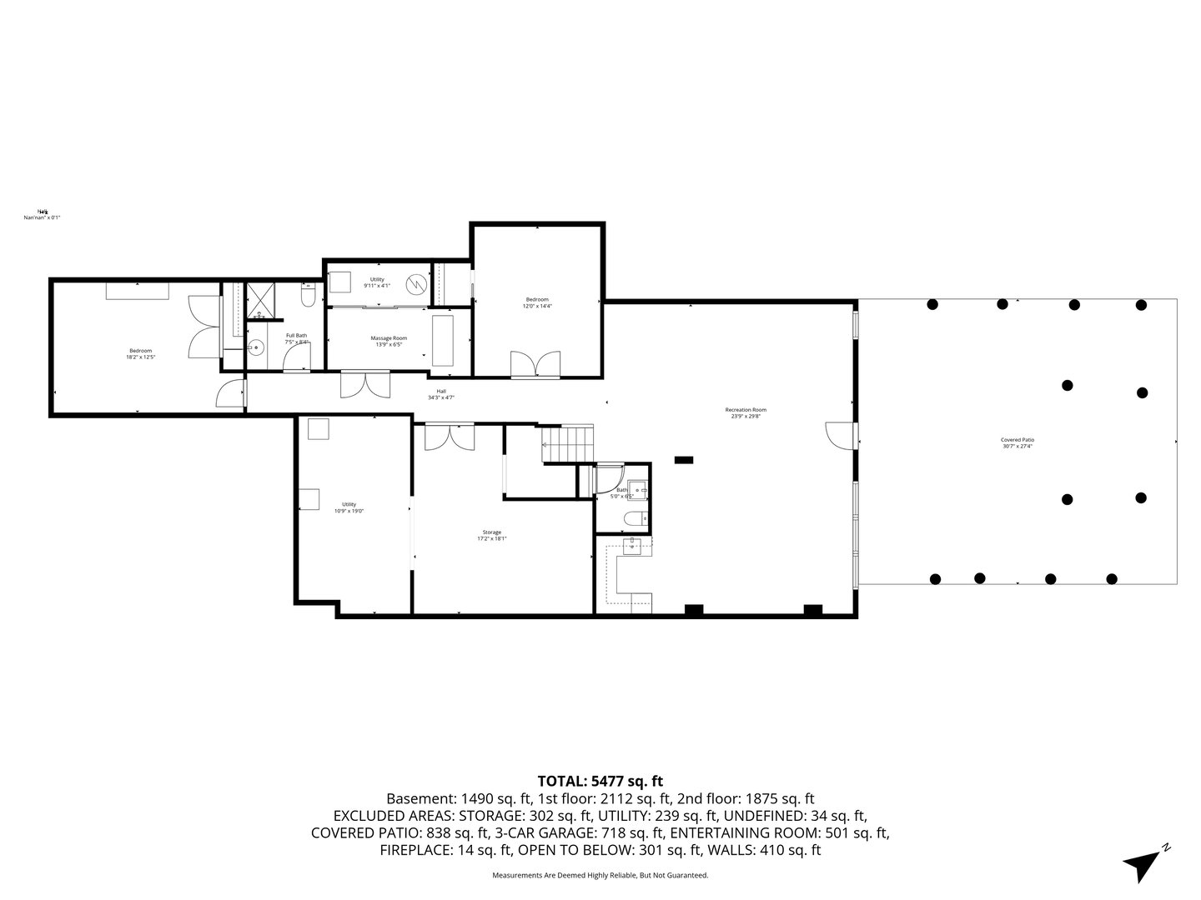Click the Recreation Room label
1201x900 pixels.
745,412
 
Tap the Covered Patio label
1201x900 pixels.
1017,442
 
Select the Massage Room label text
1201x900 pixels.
389,341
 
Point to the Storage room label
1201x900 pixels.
491,535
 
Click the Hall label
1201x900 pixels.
440,394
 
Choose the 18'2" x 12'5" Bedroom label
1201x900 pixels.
140,353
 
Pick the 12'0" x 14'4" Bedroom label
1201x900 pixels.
536,302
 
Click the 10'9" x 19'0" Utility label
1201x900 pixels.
349,507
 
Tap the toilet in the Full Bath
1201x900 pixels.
307,297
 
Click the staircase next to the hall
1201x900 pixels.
568,444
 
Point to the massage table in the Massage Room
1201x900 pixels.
441,339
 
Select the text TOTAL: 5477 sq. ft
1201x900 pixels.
600,781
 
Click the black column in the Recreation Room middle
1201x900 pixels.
683,458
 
